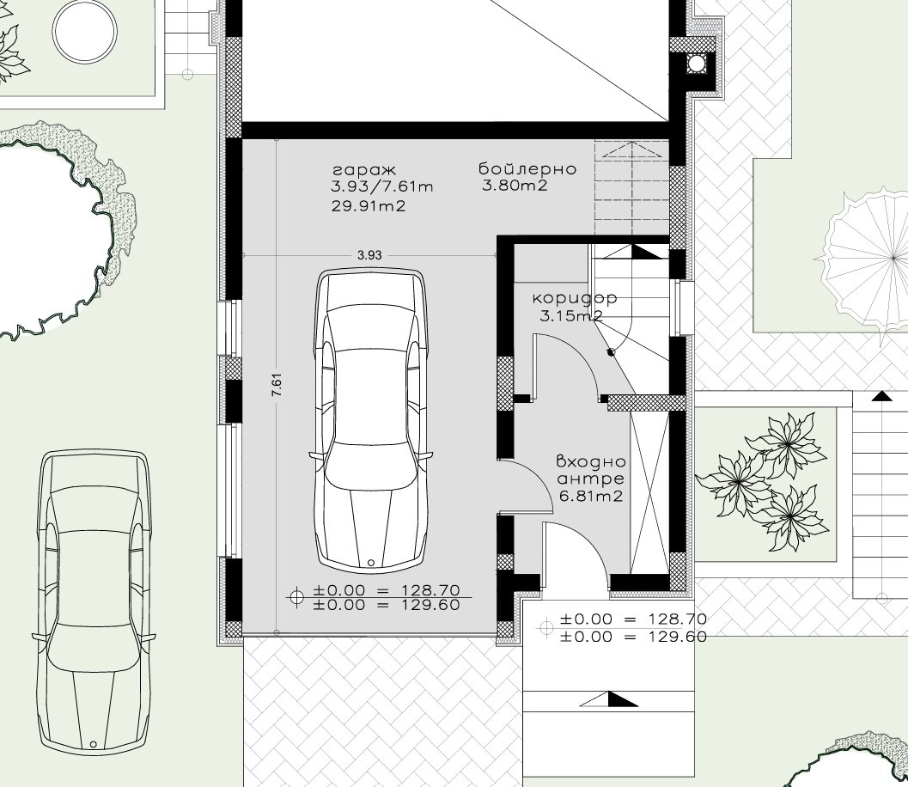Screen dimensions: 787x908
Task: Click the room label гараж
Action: pyautogui.click(x=364, y=170)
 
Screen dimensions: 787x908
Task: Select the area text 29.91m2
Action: pyautogui.click(x=368, y=206)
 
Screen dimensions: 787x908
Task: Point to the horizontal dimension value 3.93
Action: pyautogui.click(x=369, y=254)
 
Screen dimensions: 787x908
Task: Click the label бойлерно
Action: pyautogui.click(x=527, y=169)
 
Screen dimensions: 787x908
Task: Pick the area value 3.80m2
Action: pyautogui.click(x=515, y=186)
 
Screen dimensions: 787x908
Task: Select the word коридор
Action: pyautogui.click(x=574, y=299)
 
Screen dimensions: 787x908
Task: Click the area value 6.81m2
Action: pyautogui.click(x=590, y=496)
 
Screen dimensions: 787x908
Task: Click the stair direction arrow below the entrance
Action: pyautogui.click(x=610, y=699)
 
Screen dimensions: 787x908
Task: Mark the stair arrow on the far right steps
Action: pyautogui.click(x=881, y=396)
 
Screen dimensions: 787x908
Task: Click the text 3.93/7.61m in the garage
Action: pyautogui.click(x=381, y=187)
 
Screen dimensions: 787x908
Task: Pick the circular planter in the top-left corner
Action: pyautogui.click(x=83, y=32)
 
